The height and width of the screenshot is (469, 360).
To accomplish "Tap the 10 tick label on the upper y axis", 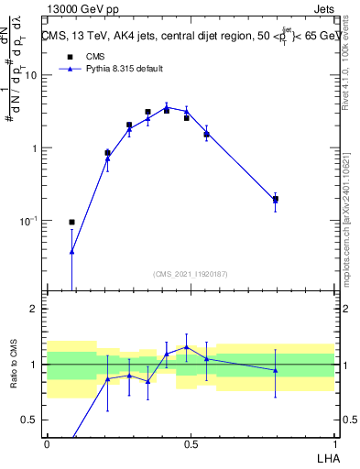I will click(x=30, y=75).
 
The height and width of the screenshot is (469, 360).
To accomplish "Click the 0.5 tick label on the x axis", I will click(x=191, y=443).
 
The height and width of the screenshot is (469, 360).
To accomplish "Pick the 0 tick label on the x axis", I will click(x=47, y=443).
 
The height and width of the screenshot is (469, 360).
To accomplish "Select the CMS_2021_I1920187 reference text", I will click(x=191, y=274).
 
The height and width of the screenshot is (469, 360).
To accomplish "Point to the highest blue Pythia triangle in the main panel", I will click(x=167, y=107).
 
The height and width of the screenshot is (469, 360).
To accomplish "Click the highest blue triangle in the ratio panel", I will click(x=187, y=347).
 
